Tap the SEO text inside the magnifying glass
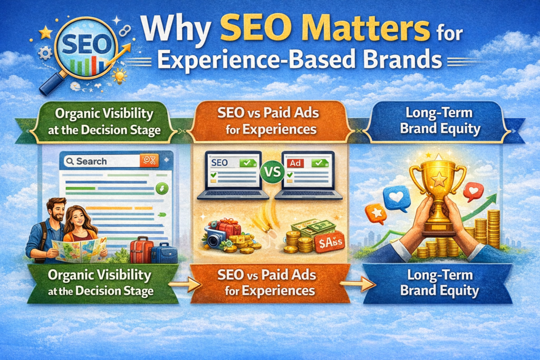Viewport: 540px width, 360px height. [84, 44]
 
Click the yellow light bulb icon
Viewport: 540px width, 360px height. [120, 76]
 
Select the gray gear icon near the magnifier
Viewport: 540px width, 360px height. [45, 53]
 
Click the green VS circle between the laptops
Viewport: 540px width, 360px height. [272, 171]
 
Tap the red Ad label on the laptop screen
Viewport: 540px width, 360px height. [295, 163]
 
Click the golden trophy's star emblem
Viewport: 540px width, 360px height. [439, 180]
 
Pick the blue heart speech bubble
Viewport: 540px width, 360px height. [397, 198]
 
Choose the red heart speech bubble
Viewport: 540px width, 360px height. [473, 191]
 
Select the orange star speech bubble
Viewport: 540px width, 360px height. [376, 213]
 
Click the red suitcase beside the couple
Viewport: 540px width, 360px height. [141, 249]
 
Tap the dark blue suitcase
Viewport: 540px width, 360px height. [164, 254]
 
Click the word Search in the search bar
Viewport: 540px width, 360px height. [91, 161]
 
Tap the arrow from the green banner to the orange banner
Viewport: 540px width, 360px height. [185, 284]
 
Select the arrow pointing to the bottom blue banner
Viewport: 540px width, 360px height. [358, 284]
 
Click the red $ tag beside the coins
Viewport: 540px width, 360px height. [330, 242]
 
